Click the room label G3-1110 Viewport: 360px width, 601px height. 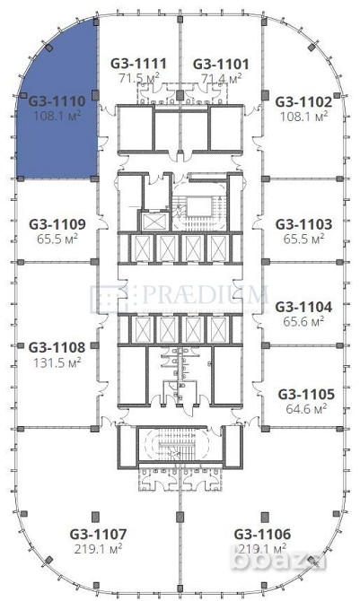[x=57, y=102]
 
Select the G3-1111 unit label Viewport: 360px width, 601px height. [x=138, y=64]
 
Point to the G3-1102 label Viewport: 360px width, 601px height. [x=303, y=102]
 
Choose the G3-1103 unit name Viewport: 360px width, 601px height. [x=303, y=223]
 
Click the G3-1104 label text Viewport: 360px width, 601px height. [x=303, y=306]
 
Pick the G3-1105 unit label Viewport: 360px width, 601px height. [x=305, y=393]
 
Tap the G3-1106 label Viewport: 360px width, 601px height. [x=262, y=533]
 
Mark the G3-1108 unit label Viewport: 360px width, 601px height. [x=57, y=346]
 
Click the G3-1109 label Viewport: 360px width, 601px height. [x=57, y=223]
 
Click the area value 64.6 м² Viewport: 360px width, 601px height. [x=305, y=408]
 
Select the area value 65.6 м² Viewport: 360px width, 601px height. [x=303, y=321]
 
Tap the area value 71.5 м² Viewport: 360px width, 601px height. [x=138, y=79]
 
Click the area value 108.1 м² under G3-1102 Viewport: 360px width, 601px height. [x=303, y=116]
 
